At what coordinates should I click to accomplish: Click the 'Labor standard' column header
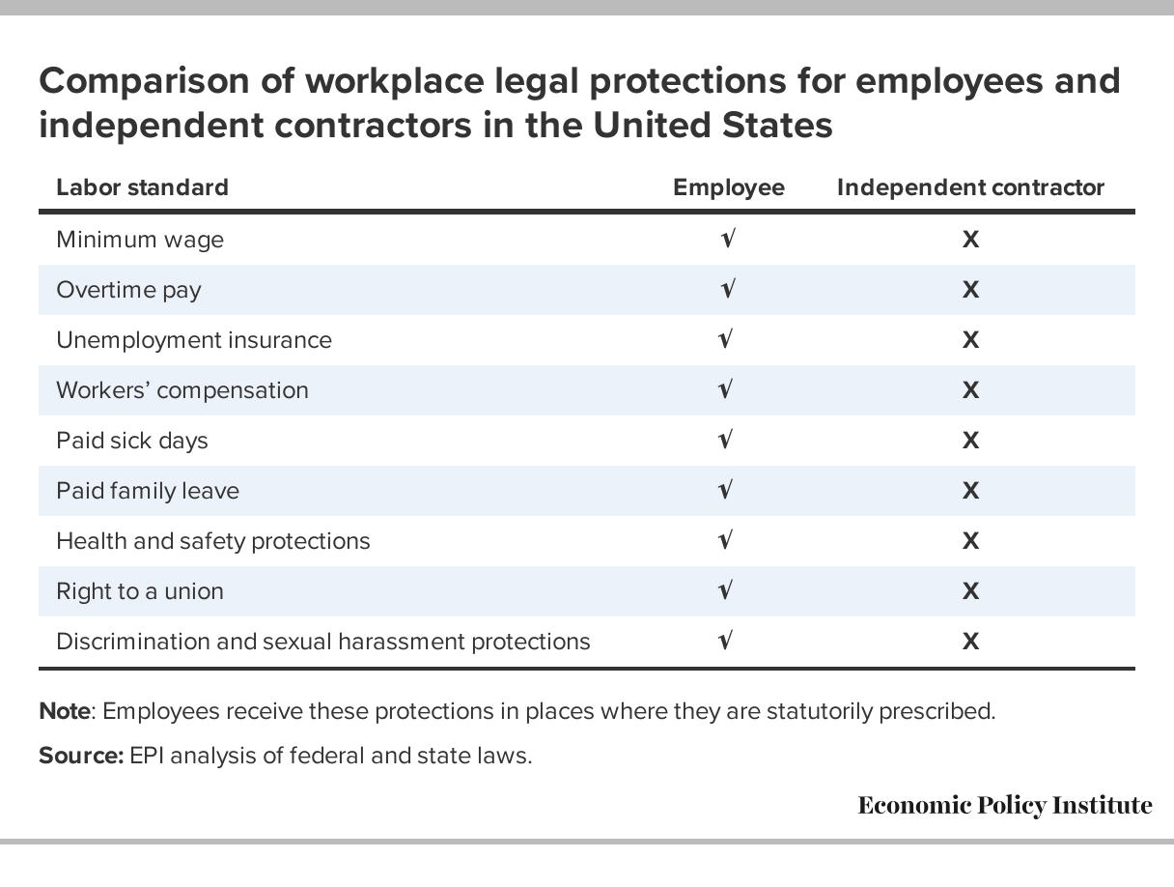[142, 187]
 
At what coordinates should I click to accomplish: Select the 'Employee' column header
[728, 187]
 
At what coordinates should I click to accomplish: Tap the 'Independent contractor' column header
[970, 187]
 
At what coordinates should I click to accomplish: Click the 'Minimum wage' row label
[140, 240]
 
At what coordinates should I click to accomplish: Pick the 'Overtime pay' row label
[128, 290]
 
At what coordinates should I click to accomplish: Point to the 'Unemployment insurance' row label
[193, 340]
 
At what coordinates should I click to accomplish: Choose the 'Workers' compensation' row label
[182, 390]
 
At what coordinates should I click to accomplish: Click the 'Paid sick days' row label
[132, 441]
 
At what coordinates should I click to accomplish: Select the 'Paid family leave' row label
[148, 491]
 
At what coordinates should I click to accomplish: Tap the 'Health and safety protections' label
[213, 541]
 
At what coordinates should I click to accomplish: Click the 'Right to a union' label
[140, 591]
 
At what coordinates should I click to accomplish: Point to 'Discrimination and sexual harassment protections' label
[322, 642]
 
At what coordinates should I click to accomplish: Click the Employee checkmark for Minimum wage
[727, 239]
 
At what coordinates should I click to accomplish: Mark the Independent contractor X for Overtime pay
[970, 290]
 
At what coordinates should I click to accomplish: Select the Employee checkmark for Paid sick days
[727, 440]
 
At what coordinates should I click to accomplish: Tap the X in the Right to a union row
[970, 591]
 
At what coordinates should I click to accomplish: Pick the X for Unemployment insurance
[970, 340]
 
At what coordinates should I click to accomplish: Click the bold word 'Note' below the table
[64, 712]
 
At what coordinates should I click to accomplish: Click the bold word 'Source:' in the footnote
[81, 756]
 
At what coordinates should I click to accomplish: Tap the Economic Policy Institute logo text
[1004, 805]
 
